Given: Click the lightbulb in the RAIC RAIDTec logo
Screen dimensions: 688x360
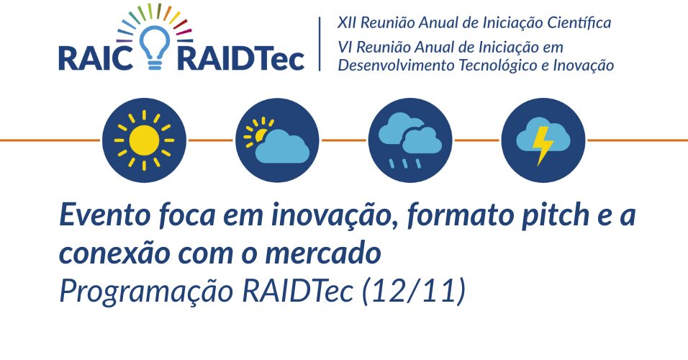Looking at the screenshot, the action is [x=155, y=48].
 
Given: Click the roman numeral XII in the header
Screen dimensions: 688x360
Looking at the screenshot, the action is [x=346, y=22].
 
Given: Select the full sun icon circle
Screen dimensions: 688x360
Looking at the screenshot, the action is [x=144, y=140].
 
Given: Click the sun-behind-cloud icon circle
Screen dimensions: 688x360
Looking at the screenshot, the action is [x=277, y=140].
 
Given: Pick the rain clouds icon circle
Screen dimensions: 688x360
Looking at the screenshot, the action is [x=409, y=140].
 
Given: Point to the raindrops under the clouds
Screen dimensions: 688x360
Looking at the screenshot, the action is [x=405, y=163].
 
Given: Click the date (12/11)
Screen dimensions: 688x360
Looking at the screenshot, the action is [x=413, y=291].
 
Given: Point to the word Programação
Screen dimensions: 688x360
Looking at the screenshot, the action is [x=146, y=292].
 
